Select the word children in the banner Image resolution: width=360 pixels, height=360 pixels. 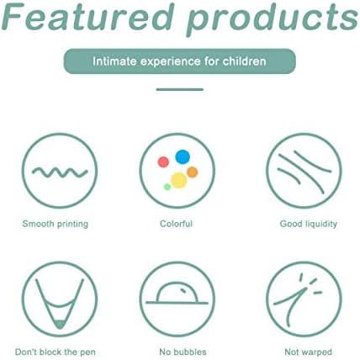pos(245,61)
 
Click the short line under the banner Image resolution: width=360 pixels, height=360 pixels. pos(180,89)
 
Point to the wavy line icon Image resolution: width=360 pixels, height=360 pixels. pos(60,172)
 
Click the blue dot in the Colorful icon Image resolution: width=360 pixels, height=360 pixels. pos(183,157)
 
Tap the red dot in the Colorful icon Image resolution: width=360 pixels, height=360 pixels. pos(163,162)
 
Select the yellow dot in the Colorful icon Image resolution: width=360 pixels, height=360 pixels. pos(179,180)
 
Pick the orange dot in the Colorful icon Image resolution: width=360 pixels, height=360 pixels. pos(192,172)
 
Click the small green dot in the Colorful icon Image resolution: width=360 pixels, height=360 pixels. pos(167,187)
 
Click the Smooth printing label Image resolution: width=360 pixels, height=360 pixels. pos(56,224)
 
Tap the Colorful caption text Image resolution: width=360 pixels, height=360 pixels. pos(176,224)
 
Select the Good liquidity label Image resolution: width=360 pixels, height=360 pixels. pos(309,224)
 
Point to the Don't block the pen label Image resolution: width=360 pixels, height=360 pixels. pos(56,352)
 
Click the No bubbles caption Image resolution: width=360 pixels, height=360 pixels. pos(183,352)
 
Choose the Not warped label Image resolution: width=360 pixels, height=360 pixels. pos(309,352)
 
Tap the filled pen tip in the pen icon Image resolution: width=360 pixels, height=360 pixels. pos(60,325)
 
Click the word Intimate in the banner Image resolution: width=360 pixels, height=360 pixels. pos(114,61)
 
